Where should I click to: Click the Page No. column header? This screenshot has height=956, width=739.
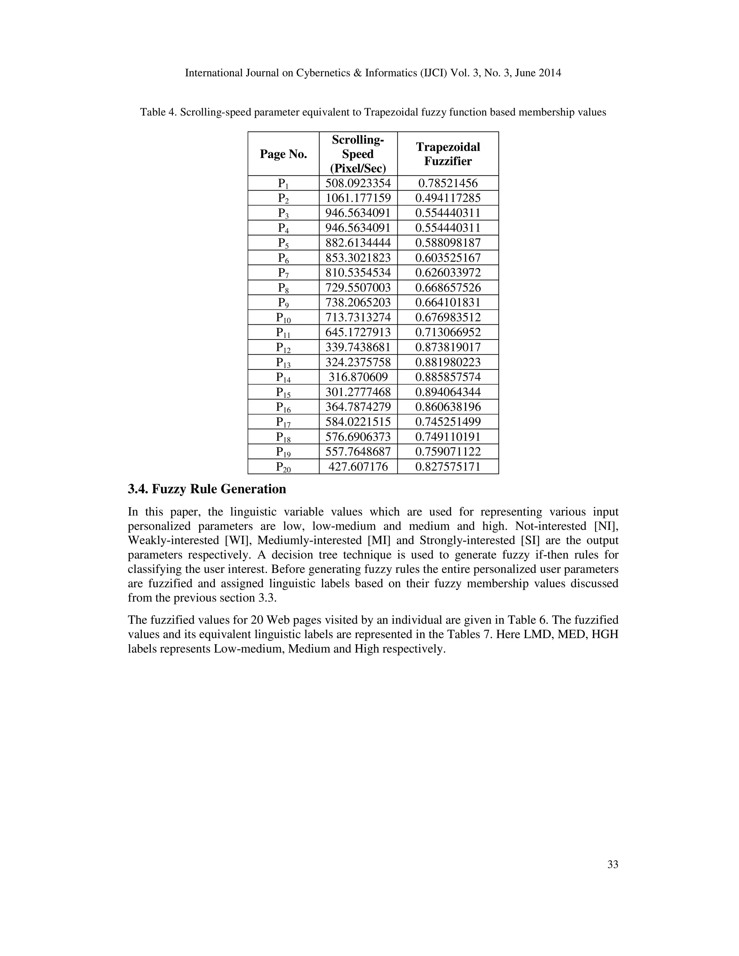coord(283,154)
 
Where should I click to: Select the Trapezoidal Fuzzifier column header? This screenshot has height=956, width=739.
coord(447,154)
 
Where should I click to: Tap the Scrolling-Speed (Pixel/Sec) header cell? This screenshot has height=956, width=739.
coord(358,154)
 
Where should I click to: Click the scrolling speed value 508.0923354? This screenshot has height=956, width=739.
coord(358,183)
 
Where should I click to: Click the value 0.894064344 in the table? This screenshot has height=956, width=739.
coord(447,392)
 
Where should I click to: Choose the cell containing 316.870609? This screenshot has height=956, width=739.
coord(358,377)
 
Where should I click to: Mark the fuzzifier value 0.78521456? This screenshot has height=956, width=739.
coord(447,183)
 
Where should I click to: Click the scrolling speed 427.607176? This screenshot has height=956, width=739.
coord(358,466)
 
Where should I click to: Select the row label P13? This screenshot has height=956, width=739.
coord(283,363)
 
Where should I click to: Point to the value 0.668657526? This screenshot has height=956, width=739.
coord(447,288)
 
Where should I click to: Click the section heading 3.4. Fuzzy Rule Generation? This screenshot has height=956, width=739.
coord(207,489)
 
